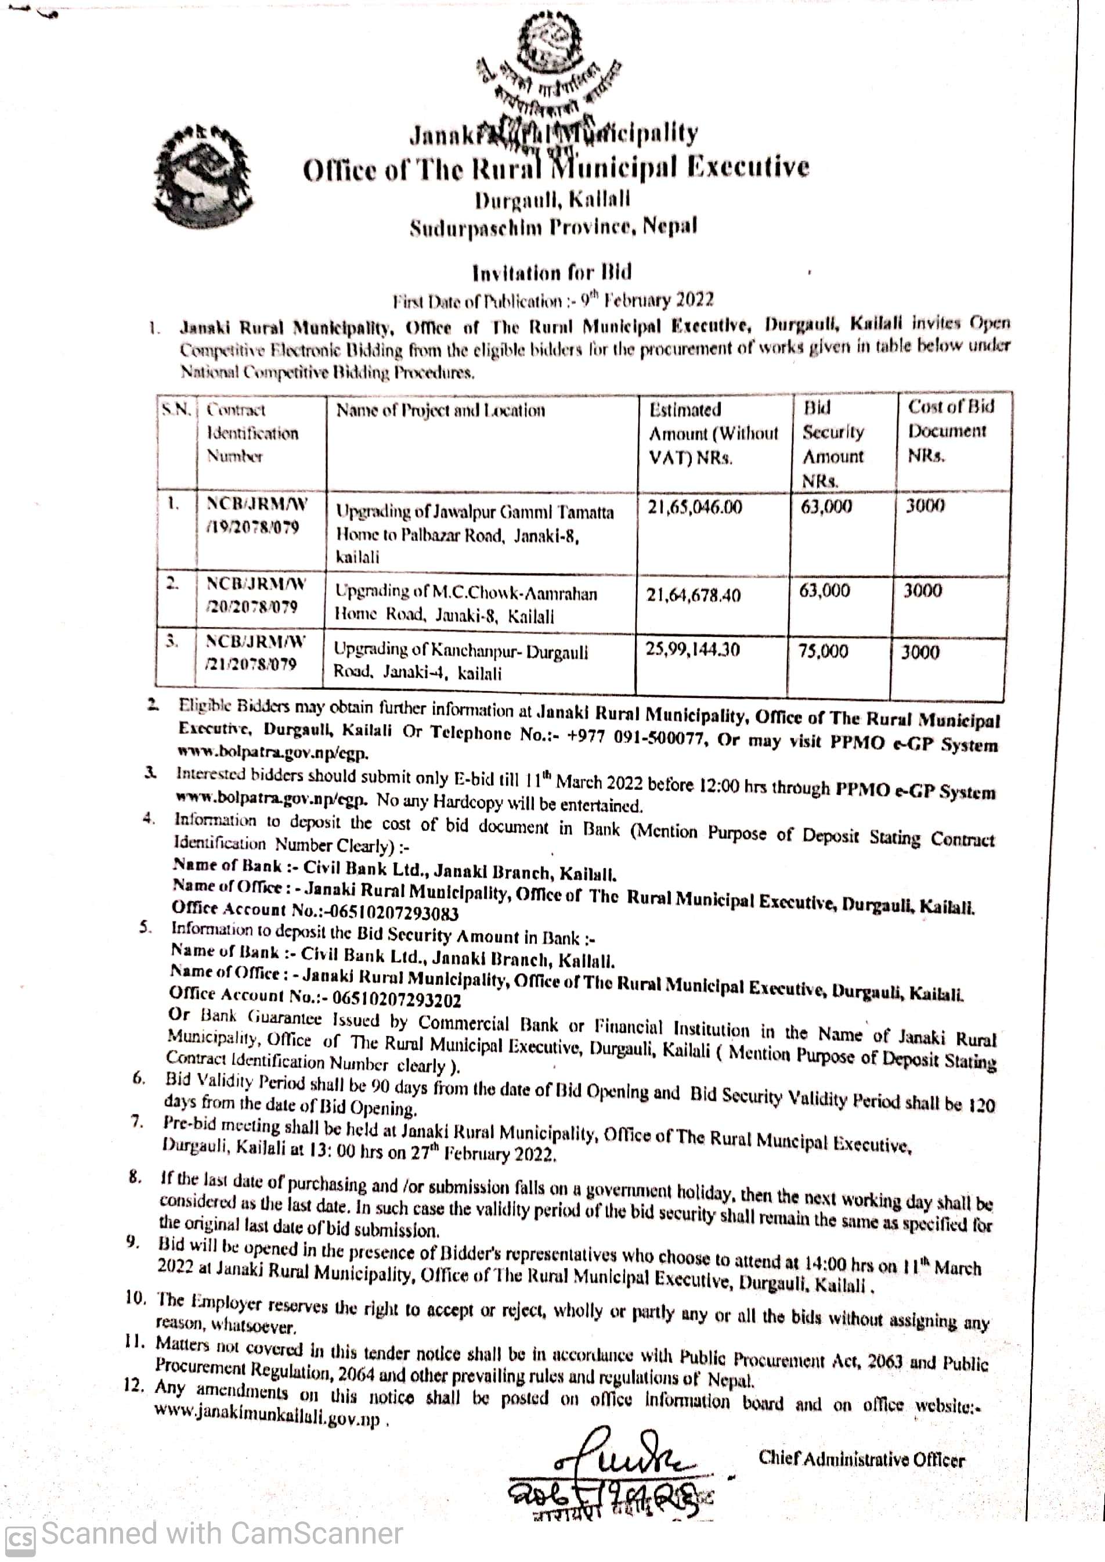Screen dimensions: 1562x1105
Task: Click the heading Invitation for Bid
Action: point(552,273)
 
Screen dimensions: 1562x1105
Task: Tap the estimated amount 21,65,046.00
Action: point(695,508)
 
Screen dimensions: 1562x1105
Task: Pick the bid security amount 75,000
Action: point(824,652)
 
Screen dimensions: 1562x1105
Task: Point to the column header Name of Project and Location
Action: point(440,411)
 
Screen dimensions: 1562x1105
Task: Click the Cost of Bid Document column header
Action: point(950,431)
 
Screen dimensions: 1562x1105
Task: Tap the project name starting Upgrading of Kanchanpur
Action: point(461,661)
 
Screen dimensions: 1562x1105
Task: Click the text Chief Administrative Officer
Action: point(861,1459)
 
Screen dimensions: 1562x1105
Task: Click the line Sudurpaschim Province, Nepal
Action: point(553,227)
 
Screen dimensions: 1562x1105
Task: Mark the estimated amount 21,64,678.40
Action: point(694,596)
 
